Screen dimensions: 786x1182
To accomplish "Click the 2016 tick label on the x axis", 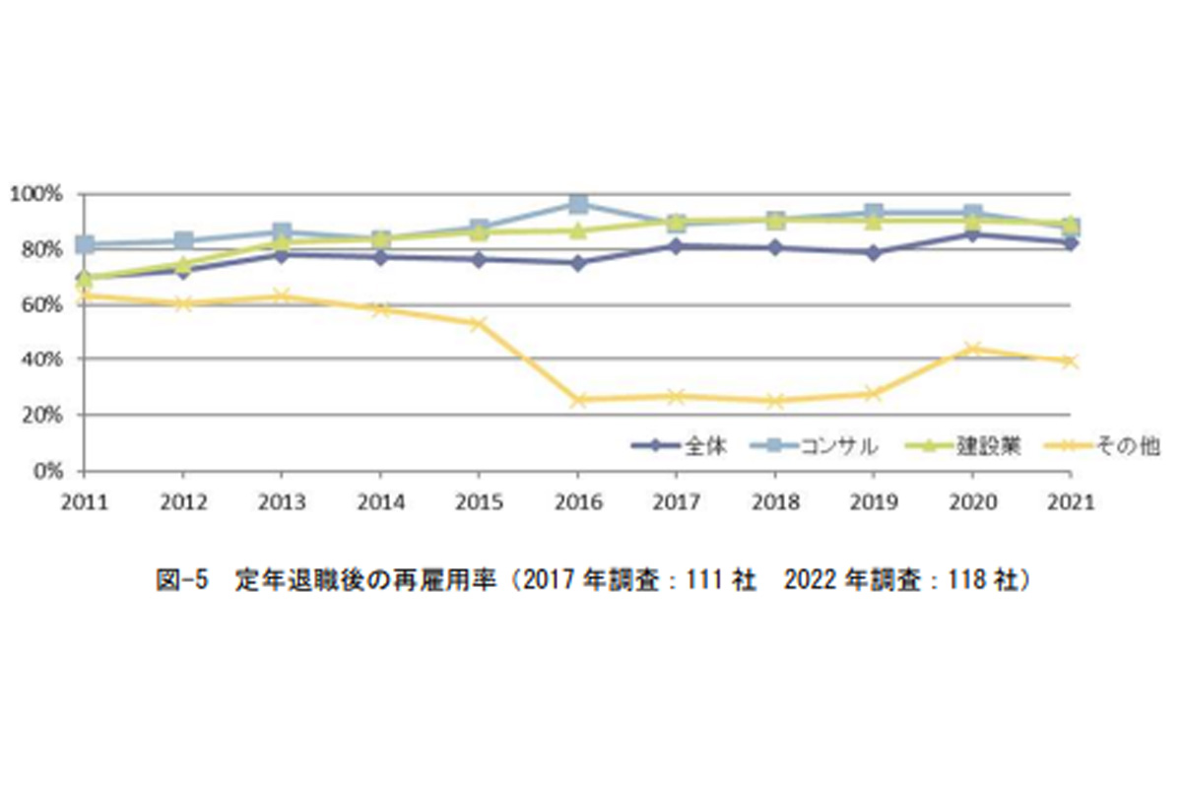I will pyautogui.click(x=578, y=501).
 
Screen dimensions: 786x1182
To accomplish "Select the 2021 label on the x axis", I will pyautogui.click(x=1072, y=501).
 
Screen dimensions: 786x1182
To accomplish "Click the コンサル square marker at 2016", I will pyautogui.click(x=579, y=204).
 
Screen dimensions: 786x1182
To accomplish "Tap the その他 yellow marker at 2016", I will pyautogui.click(x=579, y=400).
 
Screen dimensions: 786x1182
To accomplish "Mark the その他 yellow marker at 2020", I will pyautogui.click(x=973, y=349).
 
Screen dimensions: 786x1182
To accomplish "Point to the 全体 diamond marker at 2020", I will pyautogui.click(x=973, y=234).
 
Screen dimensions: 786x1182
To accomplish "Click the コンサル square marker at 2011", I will pyautogui.click(x=86, y=244).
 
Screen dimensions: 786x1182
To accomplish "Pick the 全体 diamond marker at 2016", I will pyautogui.click(x=579, y=263).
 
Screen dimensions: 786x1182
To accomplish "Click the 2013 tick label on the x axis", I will pyautogui.click(x=283, y=501).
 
